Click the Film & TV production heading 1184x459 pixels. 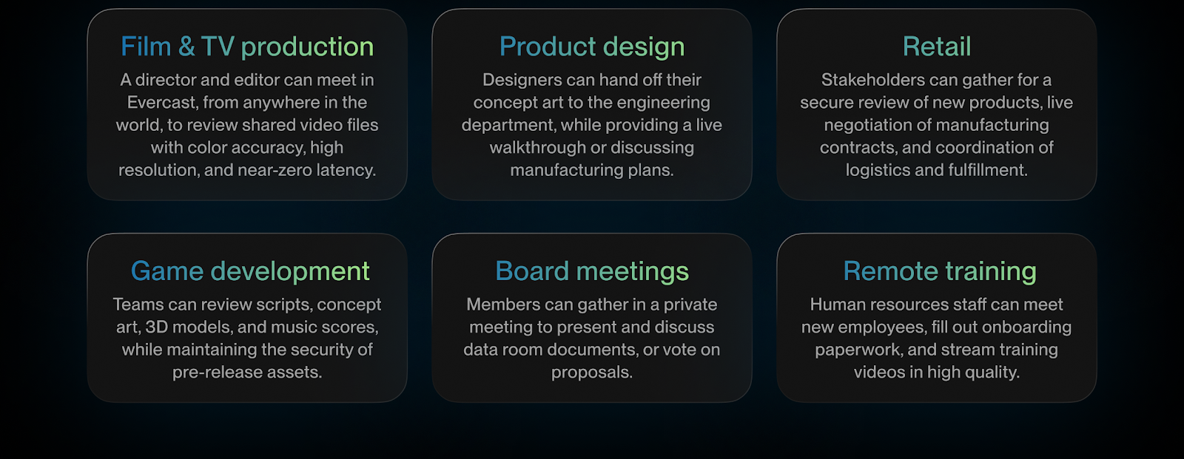247,47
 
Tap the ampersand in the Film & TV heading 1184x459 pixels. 186,46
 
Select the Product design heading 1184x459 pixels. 592,47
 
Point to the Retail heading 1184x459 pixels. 937,46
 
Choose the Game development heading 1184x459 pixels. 250,271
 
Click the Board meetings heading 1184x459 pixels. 592,271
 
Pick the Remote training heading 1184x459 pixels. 940,271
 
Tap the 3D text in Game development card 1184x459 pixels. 157,327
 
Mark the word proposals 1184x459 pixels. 592,373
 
